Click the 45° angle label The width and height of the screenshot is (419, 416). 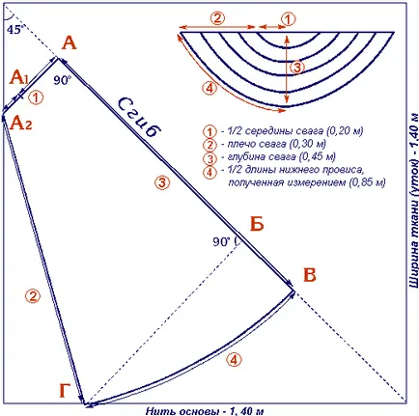tap(15, 30)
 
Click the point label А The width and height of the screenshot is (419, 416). tap(70, 43)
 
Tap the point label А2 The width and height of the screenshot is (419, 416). tap(21, 123)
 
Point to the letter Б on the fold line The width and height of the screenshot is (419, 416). tap(257, 223)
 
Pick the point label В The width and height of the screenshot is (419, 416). tap(310, 275)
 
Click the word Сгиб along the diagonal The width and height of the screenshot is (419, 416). tap(139, 119)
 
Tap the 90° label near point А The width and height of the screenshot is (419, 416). tap(62, 80)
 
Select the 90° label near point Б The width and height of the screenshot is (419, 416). tap(222, 241)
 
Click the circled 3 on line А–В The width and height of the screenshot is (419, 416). tap(162, 182)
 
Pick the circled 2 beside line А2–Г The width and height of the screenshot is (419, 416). tap(33, 296)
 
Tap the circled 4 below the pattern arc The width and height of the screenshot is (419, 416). tap(234, 359)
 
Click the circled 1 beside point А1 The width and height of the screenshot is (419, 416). tap(36, 97)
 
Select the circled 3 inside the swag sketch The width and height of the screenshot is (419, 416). tap(297, 68)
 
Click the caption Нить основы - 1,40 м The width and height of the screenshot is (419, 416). tap(205, 411)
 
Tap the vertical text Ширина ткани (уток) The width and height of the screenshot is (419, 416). tap(413, 223)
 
